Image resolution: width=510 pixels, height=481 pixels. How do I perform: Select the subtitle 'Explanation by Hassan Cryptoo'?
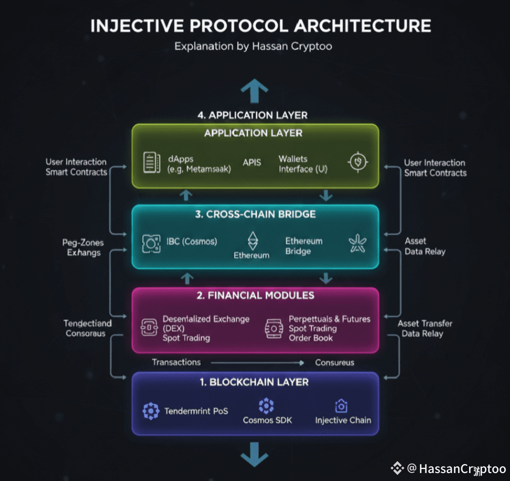coord(253,46)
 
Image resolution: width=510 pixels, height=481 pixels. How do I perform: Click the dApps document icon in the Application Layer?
coord(151,162)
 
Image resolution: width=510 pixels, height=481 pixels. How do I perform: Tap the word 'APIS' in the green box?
coord(252,163)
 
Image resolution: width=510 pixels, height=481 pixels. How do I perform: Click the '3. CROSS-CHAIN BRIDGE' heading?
coord(255,214)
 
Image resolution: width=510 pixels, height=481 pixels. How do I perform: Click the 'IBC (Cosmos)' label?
coord(192,242)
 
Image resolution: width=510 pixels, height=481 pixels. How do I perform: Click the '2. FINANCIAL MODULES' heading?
coord(255,296)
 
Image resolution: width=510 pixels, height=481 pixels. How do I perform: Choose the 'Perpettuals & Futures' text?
coord(329,319)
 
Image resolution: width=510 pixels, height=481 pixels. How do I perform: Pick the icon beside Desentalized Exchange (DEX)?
coord(149,327)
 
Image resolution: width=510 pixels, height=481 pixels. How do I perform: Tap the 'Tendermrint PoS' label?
coord(196,411)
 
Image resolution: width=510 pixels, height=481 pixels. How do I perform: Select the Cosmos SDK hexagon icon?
coord(266,405)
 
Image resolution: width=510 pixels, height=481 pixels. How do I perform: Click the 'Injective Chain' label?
coord(343,420)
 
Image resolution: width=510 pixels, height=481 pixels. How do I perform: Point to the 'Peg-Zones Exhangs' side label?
coord(83,247)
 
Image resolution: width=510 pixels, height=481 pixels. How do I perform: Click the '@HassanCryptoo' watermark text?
coord(456,469)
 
